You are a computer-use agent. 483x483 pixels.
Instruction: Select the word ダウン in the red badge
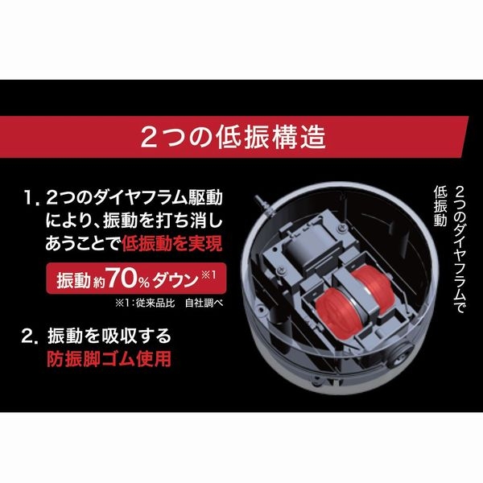pyautogui.click(x=175, y=279)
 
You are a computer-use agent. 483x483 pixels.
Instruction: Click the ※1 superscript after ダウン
pyautogui.click(x=208, y=274)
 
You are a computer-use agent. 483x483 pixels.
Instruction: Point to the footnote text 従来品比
pyautogui.click(x=155, y=303)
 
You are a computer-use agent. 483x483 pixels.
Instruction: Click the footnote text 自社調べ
pyautogui.click(x=204, y=303)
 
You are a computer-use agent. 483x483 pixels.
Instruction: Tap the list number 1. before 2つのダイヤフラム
pyautogui.click(x=32, y=198)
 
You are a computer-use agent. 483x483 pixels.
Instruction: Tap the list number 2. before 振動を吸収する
pyautogui.click(x=30, y=336)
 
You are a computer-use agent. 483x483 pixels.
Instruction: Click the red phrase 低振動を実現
pyautogui.click(x=172, y=244)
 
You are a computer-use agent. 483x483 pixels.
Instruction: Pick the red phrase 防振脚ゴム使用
pyautogui.click(x=109, y=359)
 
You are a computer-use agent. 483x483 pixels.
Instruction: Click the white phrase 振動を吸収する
pyautogui.click(x=109, y=336)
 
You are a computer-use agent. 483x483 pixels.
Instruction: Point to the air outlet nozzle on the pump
pyautogui.click(x=261, y=204)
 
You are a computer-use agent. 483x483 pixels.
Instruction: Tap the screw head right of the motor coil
pyautogui.click(x=342, y=228)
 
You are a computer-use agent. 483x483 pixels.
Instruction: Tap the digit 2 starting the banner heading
pyautogui.click(x=148, y=138)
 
